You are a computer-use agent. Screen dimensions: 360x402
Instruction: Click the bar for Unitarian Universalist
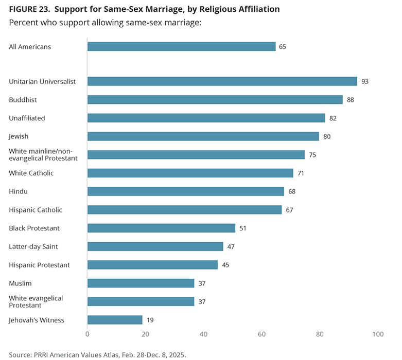coord(222,81)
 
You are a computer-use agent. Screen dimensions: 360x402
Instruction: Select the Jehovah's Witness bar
coord(115,320)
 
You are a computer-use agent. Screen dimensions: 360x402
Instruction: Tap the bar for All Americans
coord(181,47)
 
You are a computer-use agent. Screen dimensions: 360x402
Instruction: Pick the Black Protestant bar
coord(161,228)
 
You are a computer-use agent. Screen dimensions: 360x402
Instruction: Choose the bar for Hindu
coord(186,191)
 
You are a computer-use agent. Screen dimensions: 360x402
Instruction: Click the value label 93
coord(365,81)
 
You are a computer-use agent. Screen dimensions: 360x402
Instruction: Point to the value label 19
coord(150,320)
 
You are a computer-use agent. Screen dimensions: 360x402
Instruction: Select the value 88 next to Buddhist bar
coord(351,100)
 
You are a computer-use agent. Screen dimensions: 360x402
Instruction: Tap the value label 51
coord(243,228)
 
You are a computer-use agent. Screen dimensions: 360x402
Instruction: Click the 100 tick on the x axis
coord(378,335)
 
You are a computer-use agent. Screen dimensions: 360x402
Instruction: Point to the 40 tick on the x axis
coord(204,335)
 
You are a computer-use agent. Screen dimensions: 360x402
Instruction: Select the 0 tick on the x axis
coord(88,335)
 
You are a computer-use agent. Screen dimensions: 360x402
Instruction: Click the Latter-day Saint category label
coord(33,246)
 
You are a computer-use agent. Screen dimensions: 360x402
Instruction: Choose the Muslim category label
coord(20,283)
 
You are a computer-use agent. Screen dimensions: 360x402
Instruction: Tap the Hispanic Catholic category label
coord(36,210)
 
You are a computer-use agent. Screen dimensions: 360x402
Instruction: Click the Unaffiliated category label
coord(27,118)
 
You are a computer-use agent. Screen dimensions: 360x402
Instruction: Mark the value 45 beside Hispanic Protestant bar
coord(225,265)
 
